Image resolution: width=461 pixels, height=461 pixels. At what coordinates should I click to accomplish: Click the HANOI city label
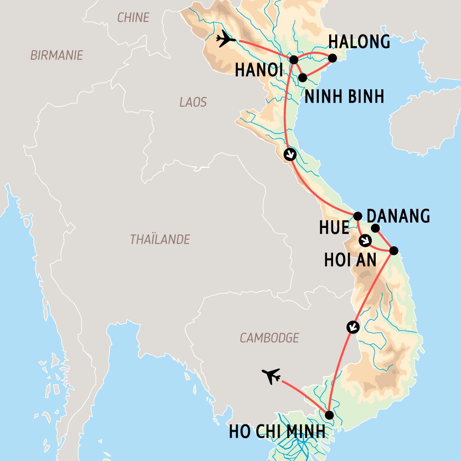(x=259, y=70)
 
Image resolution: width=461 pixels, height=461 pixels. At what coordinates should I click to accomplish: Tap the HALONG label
(x=359, y=42)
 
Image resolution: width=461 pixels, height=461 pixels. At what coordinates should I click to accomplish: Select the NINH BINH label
(x=344, y=97)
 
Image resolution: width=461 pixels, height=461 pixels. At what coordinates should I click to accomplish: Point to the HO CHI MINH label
(x=277, y=431)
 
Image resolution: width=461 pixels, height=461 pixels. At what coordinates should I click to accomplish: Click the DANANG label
(x=398, y=216)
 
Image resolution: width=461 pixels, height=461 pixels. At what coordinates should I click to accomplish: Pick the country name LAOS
(x=193, y=102)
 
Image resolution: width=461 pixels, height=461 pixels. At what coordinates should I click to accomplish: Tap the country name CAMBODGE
(x=269, y=338)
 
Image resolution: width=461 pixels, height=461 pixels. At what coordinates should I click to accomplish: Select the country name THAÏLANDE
(x=160, y=240)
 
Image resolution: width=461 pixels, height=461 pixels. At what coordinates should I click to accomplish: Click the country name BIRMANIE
(x=56, y=55)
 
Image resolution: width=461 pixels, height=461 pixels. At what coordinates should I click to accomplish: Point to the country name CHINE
(x=133, y=18)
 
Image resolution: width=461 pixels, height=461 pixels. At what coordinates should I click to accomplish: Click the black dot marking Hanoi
(x=293, y=59)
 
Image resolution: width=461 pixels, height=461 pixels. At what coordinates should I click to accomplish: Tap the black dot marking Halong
(x=332, y=58)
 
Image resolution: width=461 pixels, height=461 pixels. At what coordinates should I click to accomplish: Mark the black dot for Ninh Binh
(x=302, y=78)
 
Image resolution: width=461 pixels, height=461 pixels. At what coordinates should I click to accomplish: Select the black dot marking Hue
(x=357, y=215)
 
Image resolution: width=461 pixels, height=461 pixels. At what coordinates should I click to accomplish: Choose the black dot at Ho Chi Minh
(x=329, y=415)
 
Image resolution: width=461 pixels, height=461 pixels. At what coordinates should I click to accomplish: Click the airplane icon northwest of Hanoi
(x=226, y=39)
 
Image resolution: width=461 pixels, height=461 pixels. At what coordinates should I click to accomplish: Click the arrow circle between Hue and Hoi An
(x=365, y=241)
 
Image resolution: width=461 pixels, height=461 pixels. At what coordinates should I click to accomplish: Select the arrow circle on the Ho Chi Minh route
(x=353, y=327)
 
